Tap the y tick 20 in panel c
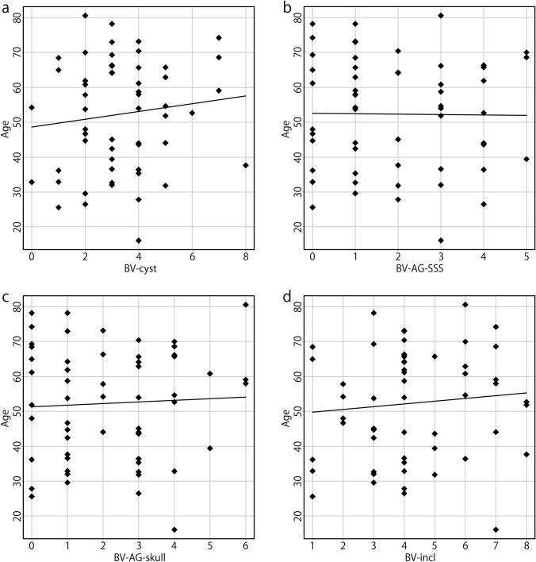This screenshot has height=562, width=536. coord(17,515)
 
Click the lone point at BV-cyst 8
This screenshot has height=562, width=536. coord(246,165)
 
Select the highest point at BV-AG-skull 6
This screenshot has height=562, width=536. coord(246,304)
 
